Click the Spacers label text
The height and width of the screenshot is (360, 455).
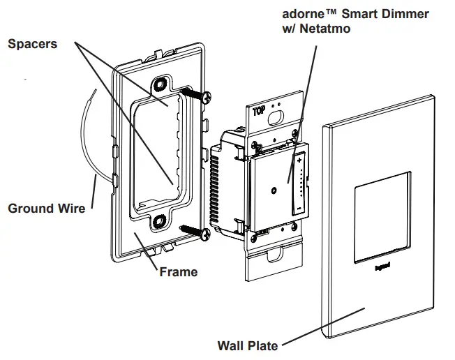[32, 44]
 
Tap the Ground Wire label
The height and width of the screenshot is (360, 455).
[46, 208]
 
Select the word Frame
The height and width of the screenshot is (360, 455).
[179, 271]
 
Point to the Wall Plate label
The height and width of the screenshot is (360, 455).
[248, 345]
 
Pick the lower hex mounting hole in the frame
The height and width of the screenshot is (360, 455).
[160, 222]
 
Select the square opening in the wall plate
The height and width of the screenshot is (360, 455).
[382, 219]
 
